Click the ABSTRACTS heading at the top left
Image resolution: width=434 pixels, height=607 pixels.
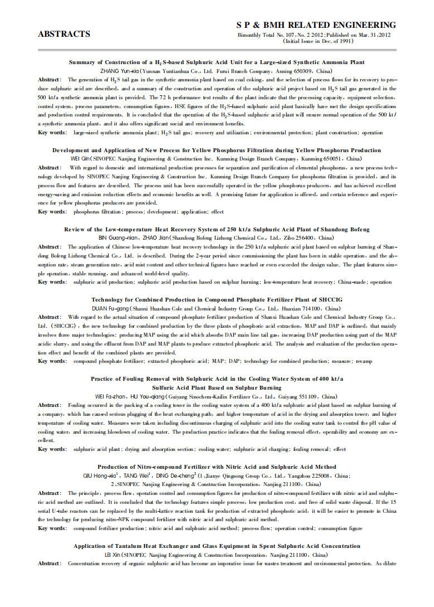coord(64,34)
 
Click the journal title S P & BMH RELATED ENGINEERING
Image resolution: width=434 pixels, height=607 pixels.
coord(316,25)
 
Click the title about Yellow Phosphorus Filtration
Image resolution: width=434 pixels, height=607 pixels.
coord(216,150)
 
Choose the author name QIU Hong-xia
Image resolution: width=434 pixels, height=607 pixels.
coord(99,475)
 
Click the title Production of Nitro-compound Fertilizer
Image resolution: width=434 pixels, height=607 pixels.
coord(216,467)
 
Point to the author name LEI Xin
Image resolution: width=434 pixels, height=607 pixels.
coord(112,555)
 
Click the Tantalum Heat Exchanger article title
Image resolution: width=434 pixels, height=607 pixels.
coord(216,546)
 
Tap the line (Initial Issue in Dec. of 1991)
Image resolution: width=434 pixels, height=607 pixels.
coord(318,41)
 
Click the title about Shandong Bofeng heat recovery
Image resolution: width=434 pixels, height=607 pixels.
coord(216,229)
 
